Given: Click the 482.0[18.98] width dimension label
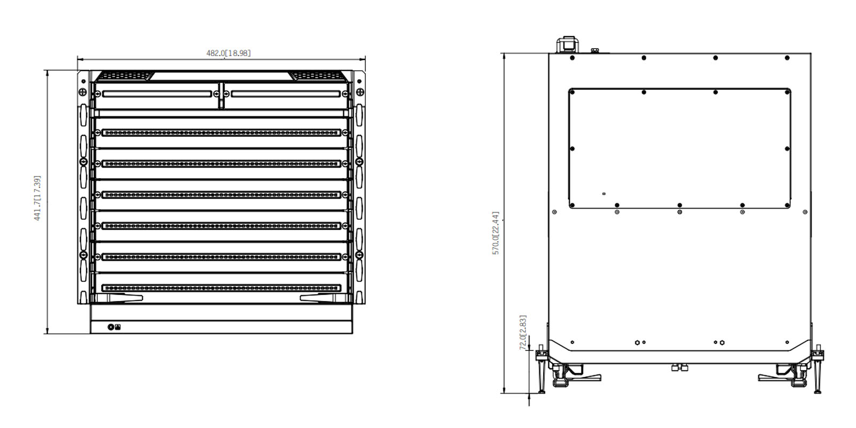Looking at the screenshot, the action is point(228,53).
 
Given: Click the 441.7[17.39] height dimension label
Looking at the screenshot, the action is point(37,198).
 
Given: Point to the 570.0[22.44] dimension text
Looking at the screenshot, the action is point(495,233).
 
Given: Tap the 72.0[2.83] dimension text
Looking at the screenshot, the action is point(523,332).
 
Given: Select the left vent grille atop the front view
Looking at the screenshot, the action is point(124,75).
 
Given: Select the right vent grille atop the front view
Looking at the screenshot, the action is point(319,75).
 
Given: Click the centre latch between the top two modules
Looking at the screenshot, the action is point(221,95).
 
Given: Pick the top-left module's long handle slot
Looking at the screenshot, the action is point(157,94).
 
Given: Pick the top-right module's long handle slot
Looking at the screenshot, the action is point(286,94).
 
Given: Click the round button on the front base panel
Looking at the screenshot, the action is point(111,327).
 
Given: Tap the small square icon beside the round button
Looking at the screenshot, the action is point(118,327).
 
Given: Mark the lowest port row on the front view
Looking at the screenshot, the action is point(221,288).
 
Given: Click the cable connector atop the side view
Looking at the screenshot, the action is point(568,45).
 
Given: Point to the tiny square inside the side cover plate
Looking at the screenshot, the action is point(604,194).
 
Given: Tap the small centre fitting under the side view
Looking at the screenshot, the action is point(679,368).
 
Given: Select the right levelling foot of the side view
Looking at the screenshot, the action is point(818,369).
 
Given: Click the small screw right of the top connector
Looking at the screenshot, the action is point(594,50).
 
